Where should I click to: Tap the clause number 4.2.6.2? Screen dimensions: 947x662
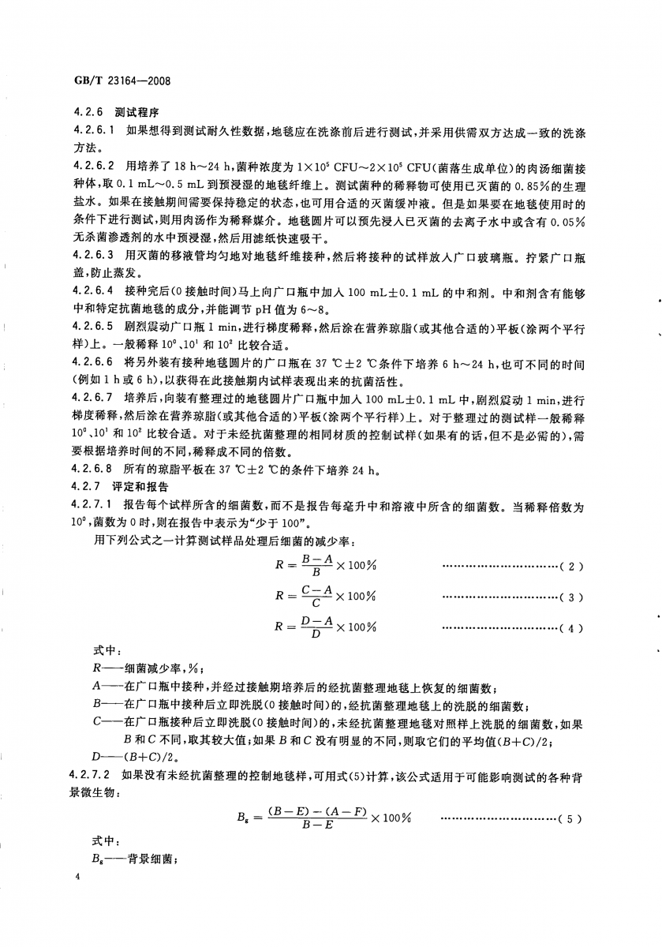94,165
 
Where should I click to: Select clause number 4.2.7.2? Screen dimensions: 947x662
94,779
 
